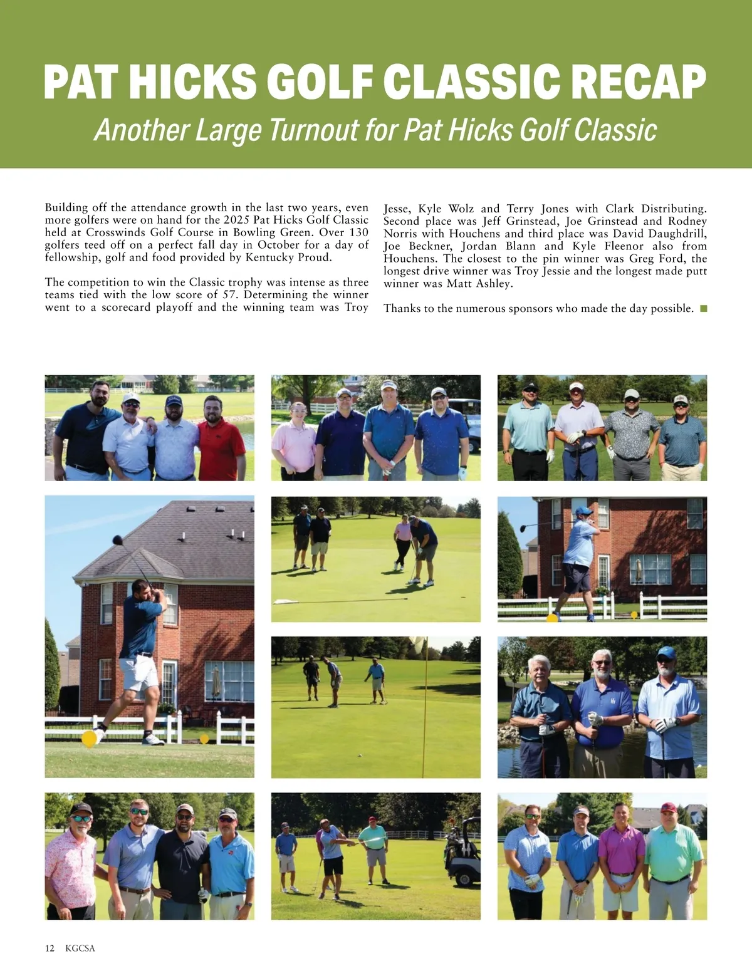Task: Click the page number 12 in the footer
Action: click(x=50, y=948)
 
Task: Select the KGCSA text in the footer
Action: click(x=80, y=948)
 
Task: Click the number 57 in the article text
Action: click(x=229, y=295)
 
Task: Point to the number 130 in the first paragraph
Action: click(x=358, y=232)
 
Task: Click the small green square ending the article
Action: click(x=703, y=308)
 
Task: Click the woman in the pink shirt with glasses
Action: click(x=293, y=439)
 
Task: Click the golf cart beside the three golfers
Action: click(x=462, y=852)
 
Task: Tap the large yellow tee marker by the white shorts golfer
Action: click(x=90, y=739)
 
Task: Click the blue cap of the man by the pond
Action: click(x=666, y=652)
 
